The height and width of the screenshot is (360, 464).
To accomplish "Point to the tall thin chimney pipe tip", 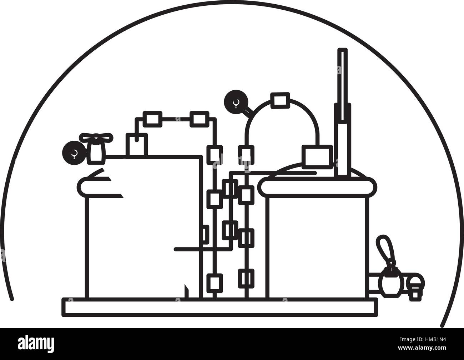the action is [343, 50].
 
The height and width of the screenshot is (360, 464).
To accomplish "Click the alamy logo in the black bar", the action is [36, 344].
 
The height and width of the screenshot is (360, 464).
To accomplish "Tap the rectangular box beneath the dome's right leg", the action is [317, 157].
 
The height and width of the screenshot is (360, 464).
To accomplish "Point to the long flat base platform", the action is [220, 307].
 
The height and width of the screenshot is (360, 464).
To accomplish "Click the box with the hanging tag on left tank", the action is [137, 145].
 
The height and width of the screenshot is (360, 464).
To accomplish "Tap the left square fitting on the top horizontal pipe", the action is [152, 119].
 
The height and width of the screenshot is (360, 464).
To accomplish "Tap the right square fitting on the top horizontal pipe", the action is [199, 119].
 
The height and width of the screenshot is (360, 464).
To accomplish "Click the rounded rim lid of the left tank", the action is [100, 186].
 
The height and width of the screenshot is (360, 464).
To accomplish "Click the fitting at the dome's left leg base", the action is [246, 155].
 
